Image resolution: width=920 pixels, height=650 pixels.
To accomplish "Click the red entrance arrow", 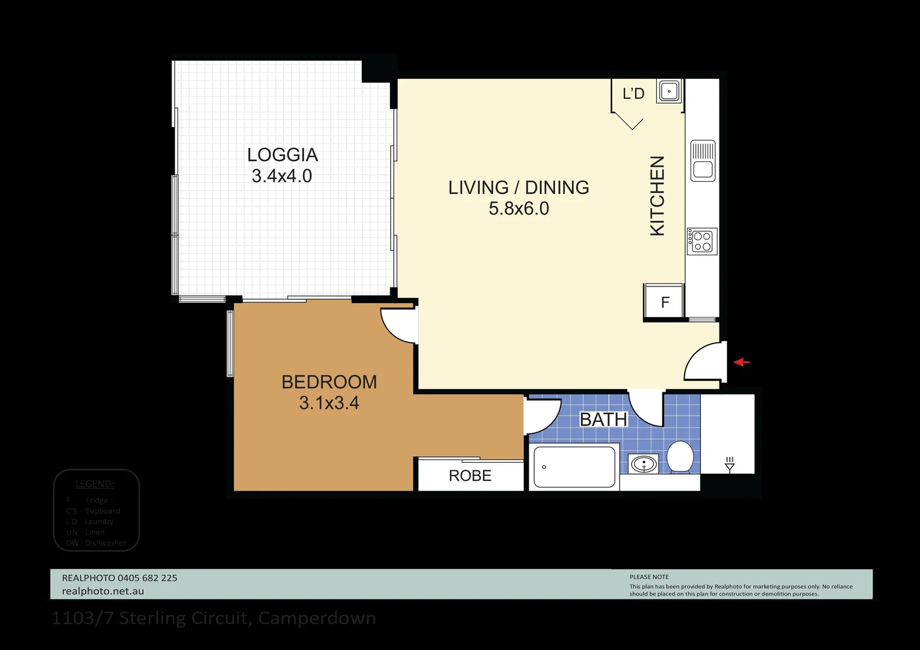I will [x=742, y=362].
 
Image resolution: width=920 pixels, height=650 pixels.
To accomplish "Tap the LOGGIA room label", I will [x=282, y=155].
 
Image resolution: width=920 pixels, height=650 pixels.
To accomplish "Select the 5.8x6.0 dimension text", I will [x=518, y=209].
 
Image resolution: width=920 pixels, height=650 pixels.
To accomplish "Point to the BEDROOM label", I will [x=329, y=382].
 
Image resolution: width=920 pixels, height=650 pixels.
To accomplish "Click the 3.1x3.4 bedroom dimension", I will [x=329, y=403].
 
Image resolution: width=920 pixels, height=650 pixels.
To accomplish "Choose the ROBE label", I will [x=470, y=475].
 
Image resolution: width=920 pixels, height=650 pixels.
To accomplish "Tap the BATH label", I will [x=603, y=419].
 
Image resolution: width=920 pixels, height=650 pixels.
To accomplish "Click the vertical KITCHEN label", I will [x=657, y=196].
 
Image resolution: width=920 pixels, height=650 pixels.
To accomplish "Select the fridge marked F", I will [x=665, y=302].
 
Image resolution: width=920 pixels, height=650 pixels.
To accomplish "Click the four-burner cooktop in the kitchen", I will [x=702, y=241].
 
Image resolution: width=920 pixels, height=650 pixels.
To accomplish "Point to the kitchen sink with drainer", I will [x=703, y=161].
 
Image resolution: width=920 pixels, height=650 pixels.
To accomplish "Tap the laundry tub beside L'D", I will [x=669, y=91].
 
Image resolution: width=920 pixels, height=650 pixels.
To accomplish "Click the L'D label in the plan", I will [x=633, y=93].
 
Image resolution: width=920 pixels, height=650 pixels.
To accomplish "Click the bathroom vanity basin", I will [x=644, y=464].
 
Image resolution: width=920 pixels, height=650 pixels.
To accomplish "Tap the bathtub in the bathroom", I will [x=574, y=467].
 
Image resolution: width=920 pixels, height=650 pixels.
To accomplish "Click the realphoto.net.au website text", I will [x=103, y=591].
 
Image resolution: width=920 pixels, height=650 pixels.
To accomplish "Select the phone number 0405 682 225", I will [x=148, y=578].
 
